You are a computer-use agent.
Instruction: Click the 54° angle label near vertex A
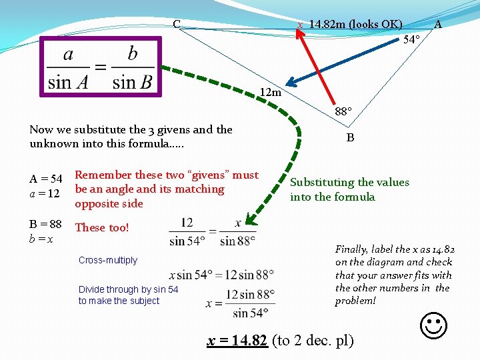click(412, 40)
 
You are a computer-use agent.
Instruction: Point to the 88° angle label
click(343, 112)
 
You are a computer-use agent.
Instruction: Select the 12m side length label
click(271, 92)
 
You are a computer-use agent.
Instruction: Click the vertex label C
click(177, 25)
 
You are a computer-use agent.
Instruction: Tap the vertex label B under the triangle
click(350, 139)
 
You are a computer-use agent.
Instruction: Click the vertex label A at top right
click(438, 25)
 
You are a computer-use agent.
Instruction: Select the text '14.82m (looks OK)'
click(355, 25)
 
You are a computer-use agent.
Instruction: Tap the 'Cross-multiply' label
click(107, 260)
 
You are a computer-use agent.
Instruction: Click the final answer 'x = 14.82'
click(237, 341)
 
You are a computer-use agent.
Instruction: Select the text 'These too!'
click(101, 227)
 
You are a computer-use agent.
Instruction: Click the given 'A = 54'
click(46, 179)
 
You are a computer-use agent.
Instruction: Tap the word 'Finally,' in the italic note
click(351, 249)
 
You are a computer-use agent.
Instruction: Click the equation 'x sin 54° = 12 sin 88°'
click(221, 274)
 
